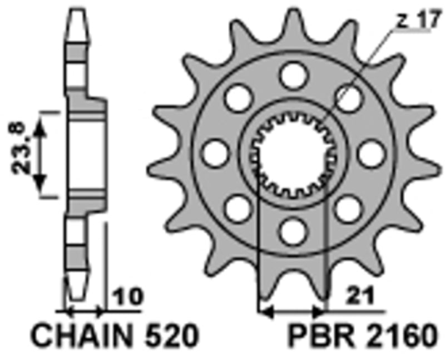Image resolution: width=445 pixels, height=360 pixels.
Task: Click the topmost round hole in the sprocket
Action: pos(294,74)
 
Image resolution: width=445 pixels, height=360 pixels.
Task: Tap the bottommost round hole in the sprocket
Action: pos(294,229)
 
